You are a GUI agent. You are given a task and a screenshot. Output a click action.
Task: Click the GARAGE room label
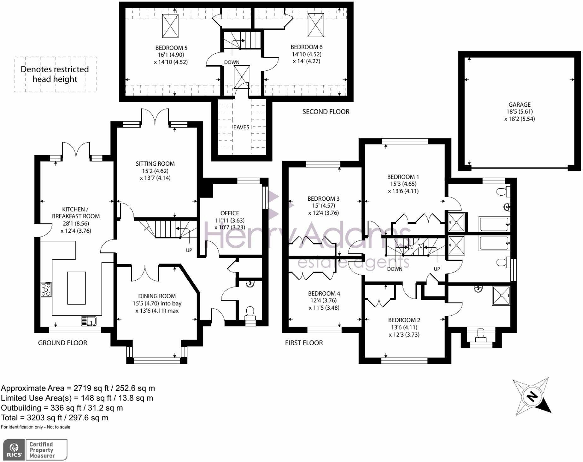(519, 104)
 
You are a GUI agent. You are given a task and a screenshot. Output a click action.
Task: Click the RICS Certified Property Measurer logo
(35, 450)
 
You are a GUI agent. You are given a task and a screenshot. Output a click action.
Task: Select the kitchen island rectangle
(76, 288)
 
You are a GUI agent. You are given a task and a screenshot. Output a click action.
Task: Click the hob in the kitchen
(46, 290)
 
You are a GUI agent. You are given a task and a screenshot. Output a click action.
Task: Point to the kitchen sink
(89, 321)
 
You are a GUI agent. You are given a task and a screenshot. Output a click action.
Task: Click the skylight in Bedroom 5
(170, 26)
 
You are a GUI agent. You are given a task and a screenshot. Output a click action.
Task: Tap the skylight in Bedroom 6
(315, 25)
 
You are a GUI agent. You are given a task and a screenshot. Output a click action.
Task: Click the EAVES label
(241, 127)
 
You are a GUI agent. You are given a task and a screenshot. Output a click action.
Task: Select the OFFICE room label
(230, 213)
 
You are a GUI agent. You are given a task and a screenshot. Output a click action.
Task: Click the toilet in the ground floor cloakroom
(250, 312)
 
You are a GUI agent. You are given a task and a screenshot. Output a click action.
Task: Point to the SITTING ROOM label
(155, 163)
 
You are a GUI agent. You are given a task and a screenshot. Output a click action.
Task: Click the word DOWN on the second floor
(232, 62)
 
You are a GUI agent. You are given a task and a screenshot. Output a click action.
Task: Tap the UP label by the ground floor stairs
(189, 250)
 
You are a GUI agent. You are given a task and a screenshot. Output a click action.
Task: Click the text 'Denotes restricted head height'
(55, 74)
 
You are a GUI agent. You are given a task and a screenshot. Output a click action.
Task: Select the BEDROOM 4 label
(324, 293)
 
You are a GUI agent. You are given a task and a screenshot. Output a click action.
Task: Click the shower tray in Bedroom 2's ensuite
(501, 295)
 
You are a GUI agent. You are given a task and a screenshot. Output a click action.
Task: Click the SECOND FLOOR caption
(326, 112)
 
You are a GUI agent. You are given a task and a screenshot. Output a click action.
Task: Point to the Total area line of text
(55, 418)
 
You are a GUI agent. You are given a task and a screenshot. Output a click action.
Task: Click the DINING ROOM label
(157, 296)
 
